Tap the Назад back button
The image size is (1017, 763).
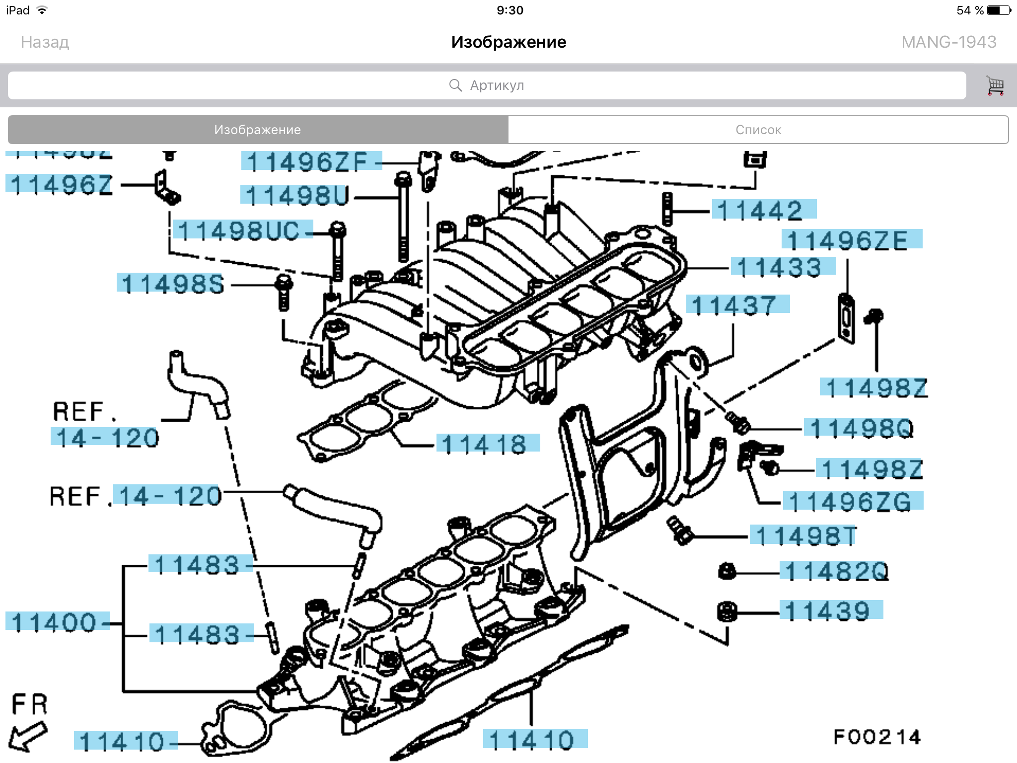(x=45, y=42)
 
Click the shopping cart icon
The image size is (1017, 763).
(x=995, y=85)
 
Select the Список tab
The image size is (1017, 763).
(x=758, y=130)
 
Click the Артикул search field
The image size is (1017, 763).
(x=487, y=85)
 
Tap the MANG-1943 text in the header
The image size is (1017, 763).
(x=948, y=42)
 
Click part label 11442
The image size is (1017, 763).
(x=763, y=210)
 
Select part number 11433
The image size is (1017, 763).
(x=782, y=267)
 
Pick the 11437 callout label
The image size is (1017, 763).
(x=737, y=305)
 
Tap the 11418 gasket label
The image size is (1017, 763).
(x=487, y=444)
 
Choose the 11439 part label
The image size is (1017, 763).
(x=830, y=610)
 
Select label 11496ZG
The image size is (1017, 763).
(x=852, y=501)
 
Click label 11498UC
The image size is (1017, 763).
(x=242, y=230)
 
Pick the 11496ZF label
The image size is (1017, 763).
(x=310, y=161)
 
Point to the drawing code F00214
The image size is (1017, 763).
(x=876, y=736)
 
